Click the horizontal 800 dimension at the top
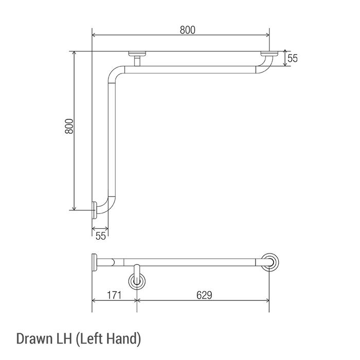click(188, 30)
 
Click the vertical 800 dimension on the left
click(69, 126)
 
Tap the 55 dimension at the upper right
click(293, 58)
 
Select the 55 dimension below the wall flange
click(101, 236)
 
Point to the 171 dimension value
click(114, 295)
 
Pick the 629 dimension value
click(204, 295)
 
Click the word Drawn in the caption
click(34, 338)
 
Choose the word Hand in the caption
click(123, 339)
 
